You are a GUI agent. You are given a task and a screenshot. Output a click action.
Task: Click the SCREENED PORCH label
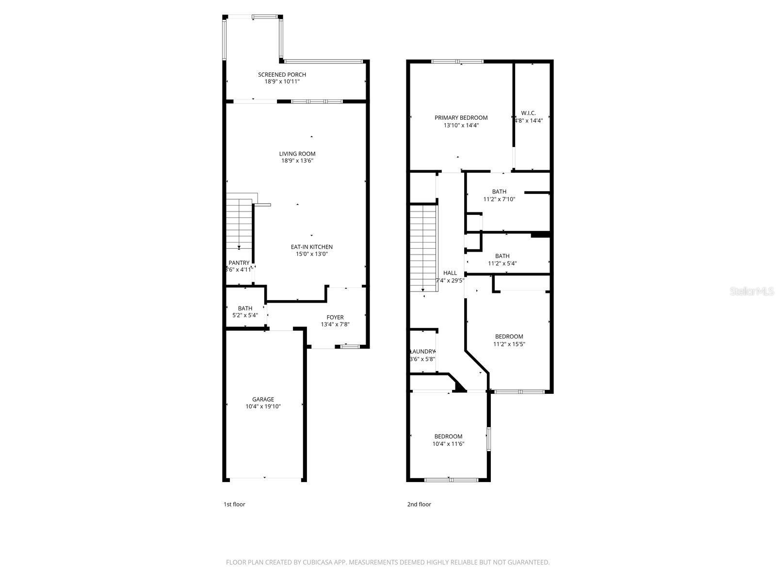tap(282, 75)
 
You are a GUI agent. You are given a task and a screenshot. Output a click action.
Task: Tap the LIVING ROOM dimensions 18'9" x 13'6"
tap(297, 161)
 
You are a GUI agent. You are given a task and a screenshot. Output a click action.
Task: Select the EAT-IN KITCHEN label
tap(311, 247)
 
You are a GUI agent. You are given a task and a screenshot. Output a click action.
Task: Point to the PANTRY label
tap(239, 263)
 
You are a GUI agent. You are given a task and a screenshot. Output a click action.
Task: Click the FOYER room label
tap(335, 318)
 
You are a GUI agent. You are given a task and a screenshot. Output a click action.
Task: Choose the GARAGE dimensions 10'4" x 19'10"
tap(263, 406)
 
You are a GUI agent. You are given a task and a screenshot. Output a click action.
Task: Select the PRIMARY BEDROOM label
tap(461, 118)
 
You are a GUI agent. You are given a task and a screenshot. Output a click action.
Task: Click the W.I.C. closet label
tap(528, 113)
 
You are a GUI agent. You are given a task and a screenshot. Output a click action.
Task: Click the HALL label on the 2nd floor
tap(450, 273)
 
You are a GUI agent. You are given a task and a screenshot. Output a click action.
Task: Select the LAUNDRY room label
tap(422, 352)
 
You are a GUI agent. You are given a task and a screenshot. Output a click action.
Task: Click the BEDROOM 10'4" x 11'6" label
tap(448, 436)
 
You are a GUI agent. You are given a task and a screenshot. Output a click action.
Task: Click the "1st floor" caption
tap(234, 504)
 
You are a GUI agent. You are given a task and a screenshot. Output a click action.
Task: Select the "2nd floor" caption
tap(419, 504)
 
